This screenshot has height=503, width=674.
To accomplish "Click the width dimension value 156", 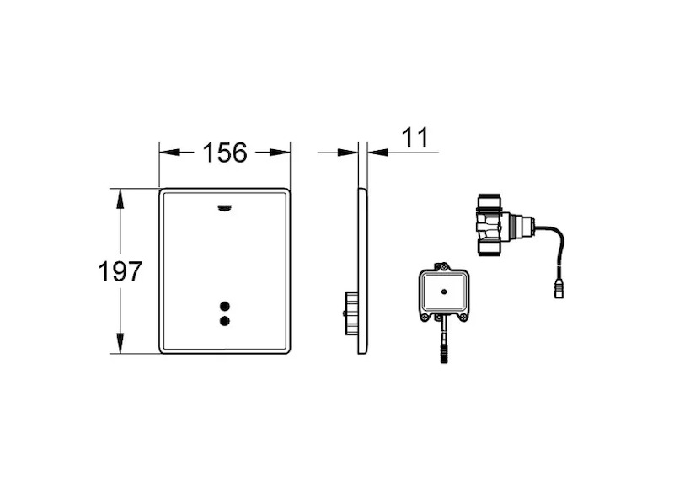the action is coord(225,153).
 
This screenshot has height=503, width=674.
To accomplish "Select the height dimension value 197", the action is coord(120,271).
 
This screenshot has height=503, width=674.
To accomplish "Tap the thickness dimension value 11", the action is coord(415,137).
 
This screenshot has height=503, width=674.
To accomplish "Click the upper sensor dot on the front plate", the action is coord(224,306).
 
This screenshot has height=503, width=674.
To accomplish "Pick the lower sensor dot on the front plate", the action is coord(224,321).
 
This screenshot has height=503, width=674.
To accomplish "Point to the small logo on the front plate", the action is coord(225,208).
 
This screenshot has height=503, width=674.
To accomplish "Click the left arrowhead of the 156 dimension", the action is coord(169,153).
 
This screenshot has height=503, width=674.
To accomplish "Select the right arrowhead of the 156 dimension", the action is coord(280,153).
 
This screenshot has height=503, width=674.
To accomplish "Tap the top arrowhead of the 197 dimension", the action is coord(120,198).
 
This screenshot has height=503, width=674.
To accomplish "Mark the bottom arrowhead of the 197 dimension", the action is coord(120,344).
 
